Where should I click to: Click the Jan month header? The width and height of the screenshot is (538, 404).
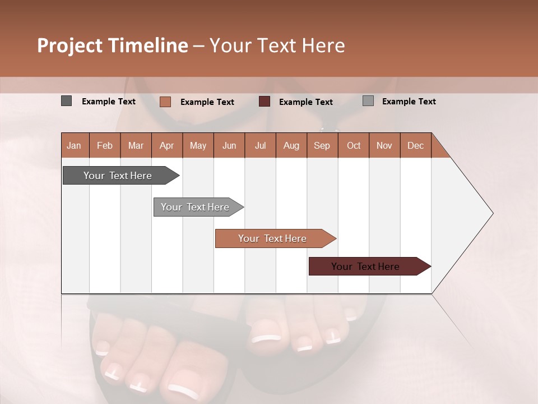pos(74,145)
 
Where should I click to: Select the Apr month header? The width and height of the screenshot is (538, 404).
pos(166,145)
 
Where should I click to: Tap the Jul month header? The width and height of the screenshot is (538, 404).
pos(260,145)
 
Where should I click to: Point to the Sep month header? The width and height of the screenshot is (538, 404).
pos(322,145)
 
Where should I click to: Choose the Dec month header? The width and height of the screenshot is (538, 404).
pos(415,145)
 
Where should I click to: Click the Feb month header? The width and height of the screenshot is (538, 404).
pos(105,145)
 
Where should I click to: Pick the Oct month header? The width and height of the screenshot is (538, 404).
pos(354,145)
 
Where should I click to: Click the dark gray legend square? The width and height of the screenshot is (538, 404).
pos(66,101)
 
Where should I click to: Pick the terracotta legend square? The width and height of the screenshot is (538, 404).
pos(165,102)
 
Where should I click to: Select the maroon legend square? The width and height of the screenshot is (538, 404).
pos(265,102)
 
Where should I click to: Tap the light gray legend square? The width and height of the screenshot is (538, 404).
pos(368,101)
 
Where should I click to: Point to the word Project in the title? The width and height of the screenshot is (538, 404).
pos(69,45)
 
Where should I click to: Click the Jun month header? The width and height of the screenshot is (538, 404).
pos(229,145)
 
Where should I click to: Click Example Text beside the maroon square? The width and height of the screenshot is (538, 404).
pos(305,102)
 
